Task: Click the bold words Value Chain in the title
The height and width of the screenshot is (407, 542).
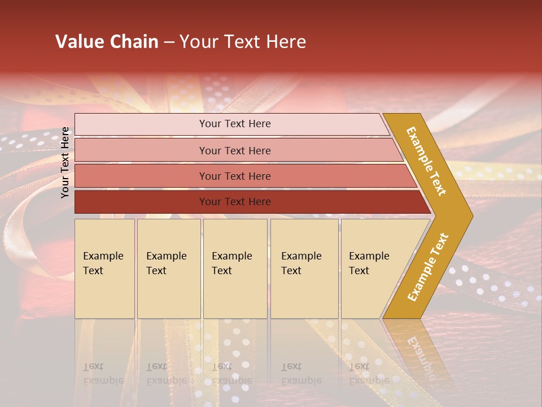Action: (107, 42)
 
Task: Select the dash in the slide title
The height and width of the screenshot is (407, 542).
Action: (169, 42)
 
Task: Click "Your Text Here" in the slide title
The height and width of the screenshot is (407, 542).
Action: (243, 42)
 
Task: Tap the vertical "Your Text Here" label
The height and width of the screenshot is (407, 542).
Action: (65, 163)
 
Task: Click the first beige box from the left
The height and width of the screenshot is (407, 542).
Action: (104, 269)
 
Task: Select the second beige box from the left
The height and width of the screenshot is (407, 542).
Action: (169, 269)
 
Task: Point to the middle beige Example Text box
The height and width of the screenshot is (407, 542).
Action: (235, 269)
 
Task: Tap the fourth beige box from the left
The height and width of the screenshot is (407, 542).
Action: (304, 269)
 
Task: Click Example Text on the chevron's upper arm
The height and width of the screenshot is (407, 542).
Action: (426, 161)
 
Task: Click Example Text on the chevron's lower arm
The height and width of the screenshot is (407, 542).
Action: (428, 267)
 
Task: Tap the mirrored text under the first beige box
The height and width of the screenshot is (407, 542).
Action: (103, 374)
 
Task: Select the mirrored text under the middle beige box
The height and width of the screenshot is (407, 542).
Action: (232, 374)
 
